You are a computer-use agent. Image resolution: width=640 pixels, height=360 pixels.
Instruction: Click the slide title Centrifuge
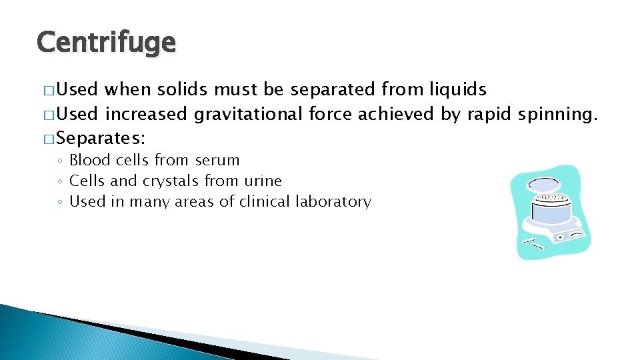coord(107,43)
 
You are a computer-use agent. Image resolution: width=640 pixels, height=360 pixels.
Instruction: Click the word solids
coord(183,89)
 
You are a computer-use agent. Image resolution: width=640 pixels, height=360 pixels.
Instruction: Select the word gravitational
coord(249,115)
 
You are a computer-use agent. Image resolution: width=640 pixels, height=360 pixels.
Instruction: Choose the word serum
coord(217,161)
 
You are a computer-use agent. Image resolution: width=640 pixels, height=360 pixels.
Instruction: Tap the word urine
coord(262,181)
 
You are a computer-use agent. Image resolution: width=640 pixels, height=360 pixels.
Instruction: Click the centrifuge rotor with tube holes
coord(553,199)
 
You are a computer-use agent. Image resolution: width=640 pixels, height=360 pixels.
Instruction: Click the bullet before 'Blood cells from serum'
coord(60,161)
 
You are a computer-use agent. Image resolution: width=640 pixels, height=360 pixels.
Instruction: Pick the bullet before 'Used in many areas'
coord(60,202)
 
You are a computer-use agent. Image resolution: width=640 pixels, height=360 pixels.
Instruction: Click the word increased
coord(147,115)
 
